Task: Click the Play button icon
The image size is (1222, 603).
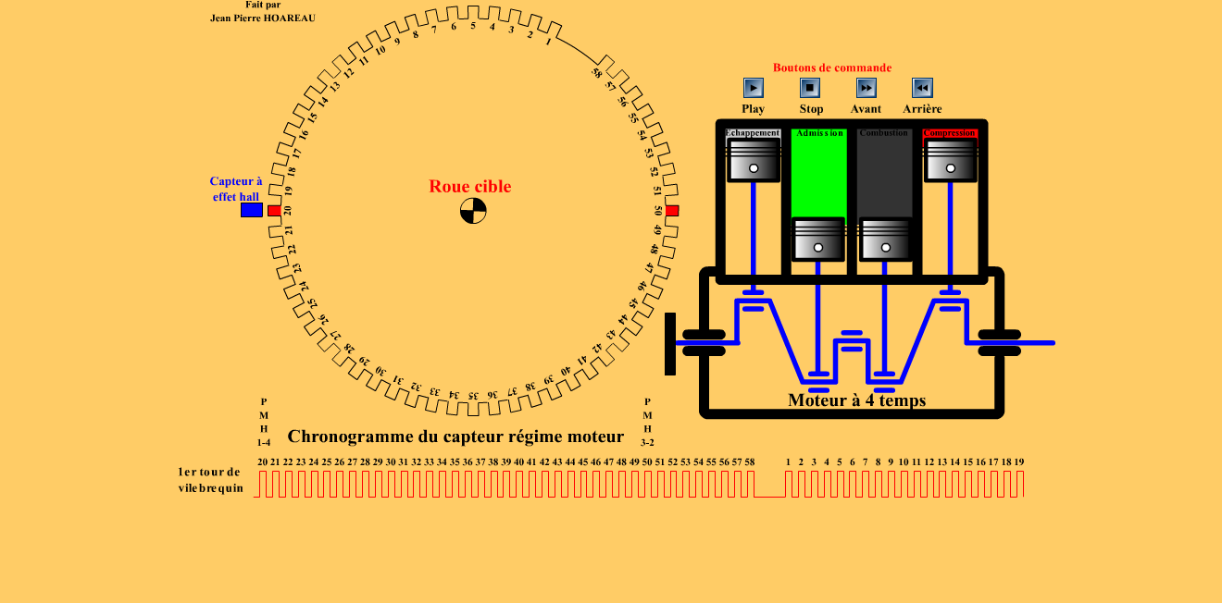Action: [x=754, y=88]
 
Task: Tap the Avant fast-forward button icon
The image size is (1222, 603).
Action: [x=866, y=88]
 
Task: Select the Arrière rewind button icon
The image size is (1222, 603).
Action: [x=922, y=88]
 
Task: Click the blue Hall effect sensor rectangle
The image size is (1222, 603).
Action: [x=252, y=210]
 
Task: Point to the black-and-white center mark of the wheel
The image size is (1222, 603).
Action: [x=473, y=211]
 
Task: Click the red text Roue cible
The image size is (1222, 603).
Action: [x=469, y=187]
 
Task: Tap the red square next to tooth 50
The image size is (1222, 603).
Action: [x=672, y=211]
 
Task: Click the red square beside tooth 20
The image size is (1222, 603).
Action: [x=274, y=211]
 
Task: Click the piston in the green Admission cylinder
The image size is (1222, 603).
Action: [x=818, y=240]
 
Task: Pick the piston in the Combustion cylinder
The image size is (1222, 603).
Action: [x=885, y=240]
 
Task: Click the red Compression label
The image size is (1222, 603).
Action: [x=950, y=133]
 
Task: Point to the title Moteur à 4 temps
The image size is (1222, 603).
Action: [x=856, y=400]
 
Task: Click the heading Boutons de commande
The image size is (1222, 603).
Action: [x=832, y=68]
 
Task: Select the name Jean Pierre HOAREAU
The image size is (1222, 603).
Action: [x=263, y=18]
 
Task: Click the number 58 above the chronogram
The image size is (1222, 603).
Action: [x=749, y=461]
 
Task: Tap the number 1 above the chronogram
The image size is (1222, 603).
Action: [x=788, y=461]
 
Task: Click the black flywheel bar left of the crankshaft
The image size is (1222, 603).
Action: [x=670, y=344]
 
